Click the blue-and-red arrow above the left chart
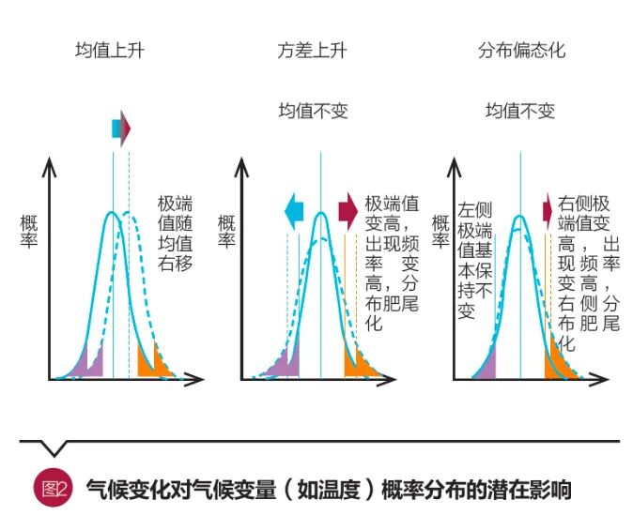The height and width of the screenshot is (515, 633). [121, 129]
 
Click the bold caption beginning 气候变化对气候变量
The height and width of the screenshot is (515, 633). [328, 489]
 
